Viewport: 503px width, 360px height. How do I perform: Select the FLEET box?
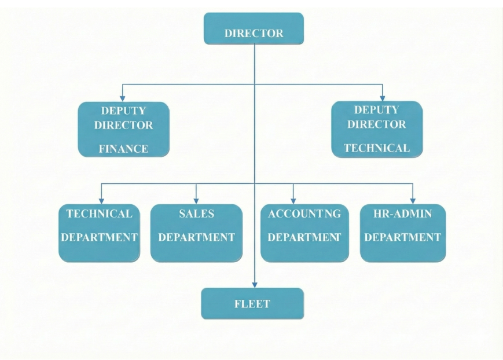[x=252, y=303]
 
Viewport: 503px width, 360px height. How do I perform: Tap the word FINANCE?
[x=123, y=149]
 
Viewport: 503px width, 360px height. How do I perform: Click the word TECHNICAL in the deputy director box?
[x=377, y=148]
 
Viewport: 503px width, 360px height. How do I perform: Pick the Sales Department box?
[x=196, y=232]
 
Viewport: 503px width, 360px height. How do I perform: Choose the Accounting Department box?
[x=304, y=232]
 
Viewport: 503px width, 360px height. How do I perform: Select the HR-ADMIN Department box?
[x=403, y=232]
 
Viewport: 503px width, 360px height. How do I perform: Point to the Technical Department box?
[x=99, y=232]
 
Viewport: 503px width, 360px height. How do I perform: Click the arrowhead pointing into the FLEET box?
[x=254, y=284]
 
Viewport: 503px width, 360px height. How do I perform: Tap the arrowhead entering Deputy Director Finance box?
[x=122, y=97]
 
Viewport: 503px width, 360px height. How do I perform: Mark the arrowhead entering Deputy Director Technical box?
[x=382, y=97]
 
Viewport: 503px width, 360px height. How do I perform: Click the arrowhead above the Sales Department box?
[x=196, y=200]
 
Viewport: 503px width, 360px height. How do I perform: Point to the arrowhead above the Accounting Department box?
[x=293, y=200]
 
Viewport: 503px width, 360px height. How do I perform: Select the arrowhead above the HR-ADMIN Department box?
[x=412, y=200]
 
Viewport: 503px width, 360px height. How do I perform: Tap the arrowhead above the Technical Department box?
[x=102, y=200]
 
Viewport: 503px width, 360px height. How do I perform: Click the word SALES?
[x=196, y=214]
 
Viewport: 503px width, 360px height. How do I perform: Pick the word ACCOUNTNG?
[x=304, y=214]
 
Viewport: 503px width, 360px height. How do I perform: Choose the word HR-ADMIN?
[x=403, y=214]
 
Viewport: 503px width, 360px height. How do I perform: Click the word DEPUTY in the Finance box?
[x=123, y=110]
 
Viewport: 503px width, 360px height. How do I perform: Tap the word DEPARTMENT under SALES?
[x=196, y=237]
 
